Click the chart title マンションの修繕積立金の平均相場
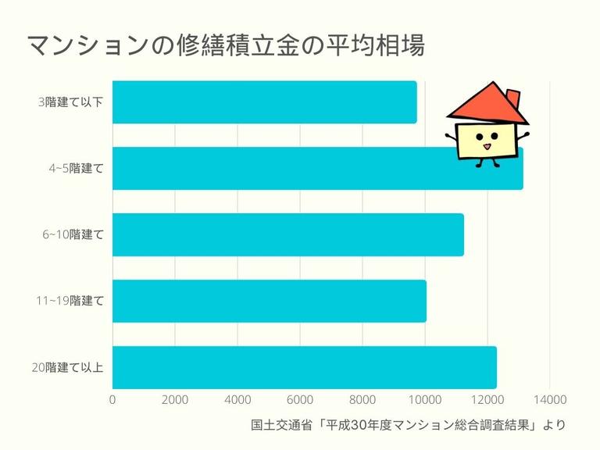coord(226,45)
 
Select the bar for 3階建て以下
coord(264,102)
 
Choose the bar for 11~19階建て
coord(269,301)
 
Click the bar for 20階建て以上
coord(304,367)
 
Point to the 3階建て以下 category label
coord(70,102)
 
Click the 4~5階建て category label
coord(76,168)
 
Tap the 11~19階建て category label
coord(70,301)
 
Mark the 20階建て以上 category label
coord(68,367)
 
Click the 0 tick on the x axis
coord(112,399)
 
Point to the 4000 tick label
coord(237,399)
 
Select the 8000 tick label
coord(362,399)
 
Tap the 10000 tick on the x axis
coord(425,399)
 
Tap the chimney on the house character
coord(512,98)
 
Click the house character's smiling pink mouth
coord(486,145)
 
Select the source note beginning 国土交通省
coord(407,426)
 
